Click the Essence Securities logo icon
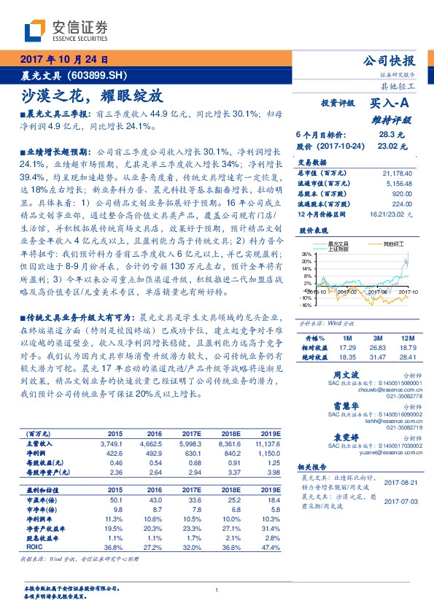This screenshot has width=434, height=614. click(34, 31)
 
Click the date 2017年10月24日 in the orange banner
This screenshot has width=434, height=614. click(65, 60)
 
